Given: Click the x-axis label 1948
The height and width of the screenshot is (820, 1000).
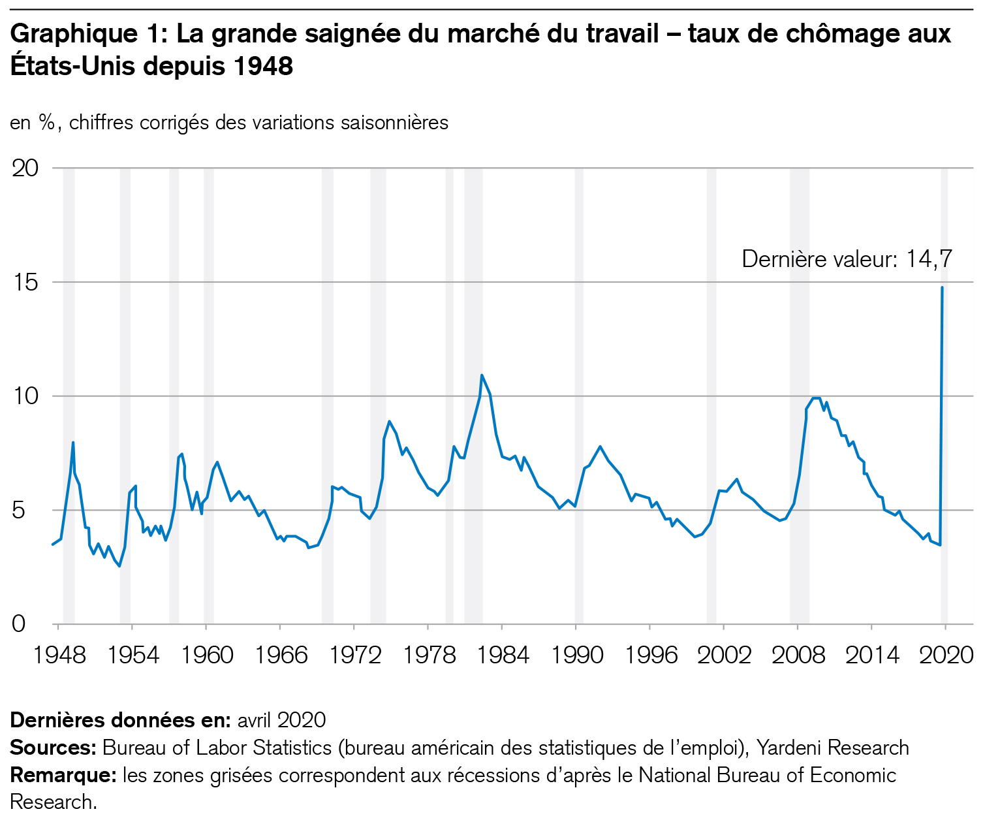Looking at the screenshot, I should click(x=59, y=655).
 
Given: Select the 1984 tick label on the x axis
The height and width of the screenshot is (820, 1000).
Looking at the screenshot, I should click(x=503, y=655).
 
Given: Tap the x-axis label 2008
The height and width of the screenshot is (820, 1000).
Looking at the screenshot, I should click(x=798, y=655).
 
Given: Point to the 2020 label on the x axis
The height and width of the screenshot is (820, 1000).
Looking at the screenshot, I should click(x=946, y=655).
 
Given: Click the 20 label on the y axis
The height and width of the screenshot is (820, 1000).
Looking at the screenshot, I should click(x=26, y=168).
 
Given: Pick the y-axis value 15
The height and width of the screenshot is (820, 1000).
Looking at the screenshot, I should click(x=26, y=282).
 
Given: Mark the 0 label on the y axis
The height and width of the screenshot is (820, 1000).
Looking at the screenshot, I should click(x=19, y=624).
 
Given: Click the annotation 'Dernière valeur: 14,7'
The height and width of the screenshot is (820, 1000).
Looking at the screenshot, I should click(x=847, y=259).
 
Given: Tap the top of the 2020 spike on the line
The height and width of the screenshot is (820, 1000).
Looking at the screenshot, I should click(x=942, y=287).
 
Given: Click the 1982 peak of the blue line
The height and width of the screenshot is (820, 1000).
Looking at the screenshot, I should click(x=482, y=375).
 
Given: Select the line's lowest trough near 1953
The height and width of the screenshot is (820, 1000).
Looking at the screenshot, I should click(x=119, y=566).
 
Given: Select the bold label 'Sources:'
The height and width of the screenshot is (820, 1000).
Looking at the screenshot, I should click(x=53, y=748).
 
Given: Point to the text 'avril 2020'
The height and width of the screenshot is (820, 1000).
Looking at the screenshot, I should click(x=281, y=719).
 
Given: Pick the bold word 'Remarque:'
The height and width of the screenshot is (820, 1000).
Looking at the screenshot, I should click(x=63, y=776).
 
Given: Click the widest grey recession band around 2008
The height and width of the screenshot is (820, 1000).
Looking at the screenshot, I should click(x=800, y=392).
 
